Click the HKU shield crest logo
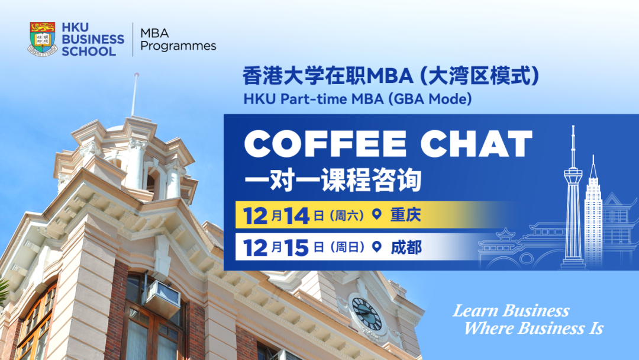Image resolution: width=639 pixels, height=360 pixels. pyautogui.click(x=43, y=38)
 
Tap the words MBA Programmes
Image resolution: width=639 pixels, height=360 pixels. pyautogui.click(x=178, y=40)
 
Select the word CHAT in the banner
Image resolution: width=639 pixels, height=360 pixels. pyautogui.click(x=476, y=143)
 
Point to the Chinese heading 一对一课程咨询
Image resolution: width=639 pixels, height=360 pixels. pyautogui.click(x=333, y=180)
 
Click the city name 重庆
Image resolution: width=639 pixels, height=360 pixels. pyautogui.click(x=405, y=214)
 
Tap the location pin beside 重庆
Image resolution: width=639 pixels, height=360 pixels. pyautogui.click(x=377, y=214)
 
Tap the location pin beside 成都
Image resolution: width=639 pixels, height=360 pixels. pyautogui.click(x=377, y=247)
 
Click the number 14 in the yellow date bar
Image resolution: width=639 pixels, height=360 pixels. pyautogui.click(x=296, y=216)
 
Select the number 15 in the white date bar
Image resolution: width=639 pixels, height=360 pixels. pyautogui.click(x=296, y=248)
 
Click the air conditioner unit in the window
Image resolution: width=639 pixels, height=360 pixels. pyautogui.click(x=161, y=298)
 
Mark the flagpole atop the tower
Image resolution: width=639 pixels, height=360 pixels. pyautogui.click(x=134, y=95)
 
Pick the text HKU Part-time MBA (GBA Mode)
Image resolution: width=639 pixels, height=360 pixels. pyautogui.click(x=357, y=99)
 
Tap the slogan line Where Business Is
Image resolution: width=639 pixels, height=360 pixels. pyautogui.click(x=534, y=328)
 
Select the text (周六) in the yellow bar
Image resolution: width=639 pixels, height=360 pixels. pyautogui.click(x=346, y=215)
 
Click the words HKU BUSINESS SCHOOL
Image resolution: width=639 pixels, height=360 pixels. pyautogui.click(x=93, y=39)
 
